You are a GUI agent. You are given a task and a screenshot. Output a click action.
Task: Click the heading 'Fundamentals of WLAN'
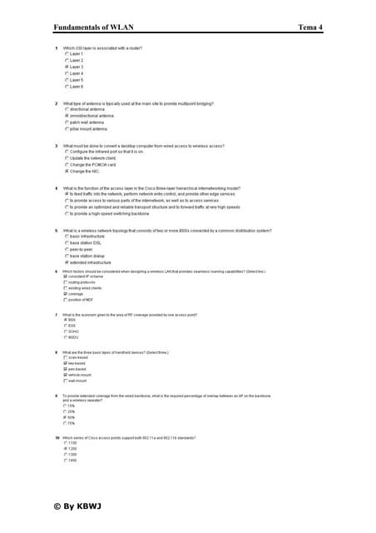99,27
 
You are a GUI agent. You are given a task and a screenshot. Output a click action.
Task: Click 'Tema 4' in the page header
310,27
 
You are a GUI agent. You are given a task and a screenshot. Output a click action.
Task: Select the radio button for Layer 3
67,67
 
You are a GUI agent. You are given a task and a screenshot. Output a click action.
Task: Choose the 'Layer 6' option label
77,87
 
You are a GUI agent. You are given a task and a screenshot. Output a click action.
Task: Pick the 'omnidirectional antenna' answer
92,116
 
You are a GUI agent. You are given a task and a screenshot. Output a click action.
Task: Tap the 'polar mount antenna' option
88,129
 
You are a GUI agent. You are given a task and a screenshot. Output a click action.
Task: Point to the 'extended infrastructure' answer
92,262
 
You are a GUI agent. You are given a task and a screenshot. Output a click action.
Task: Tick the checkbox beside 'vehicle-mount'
67,375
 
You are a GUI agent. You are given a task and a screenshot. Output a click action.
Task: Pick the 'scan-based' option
79,357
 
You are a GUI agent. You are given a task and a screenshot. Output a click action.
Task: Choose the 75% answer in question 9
73,423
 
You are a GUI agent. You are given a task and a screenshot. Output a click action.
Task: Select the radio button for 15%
67,406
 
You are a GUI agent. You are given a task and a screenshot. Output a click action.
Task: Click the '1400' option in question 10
74,460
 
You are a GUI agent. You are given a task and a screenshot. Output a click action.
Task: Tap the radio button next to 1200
67,448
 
